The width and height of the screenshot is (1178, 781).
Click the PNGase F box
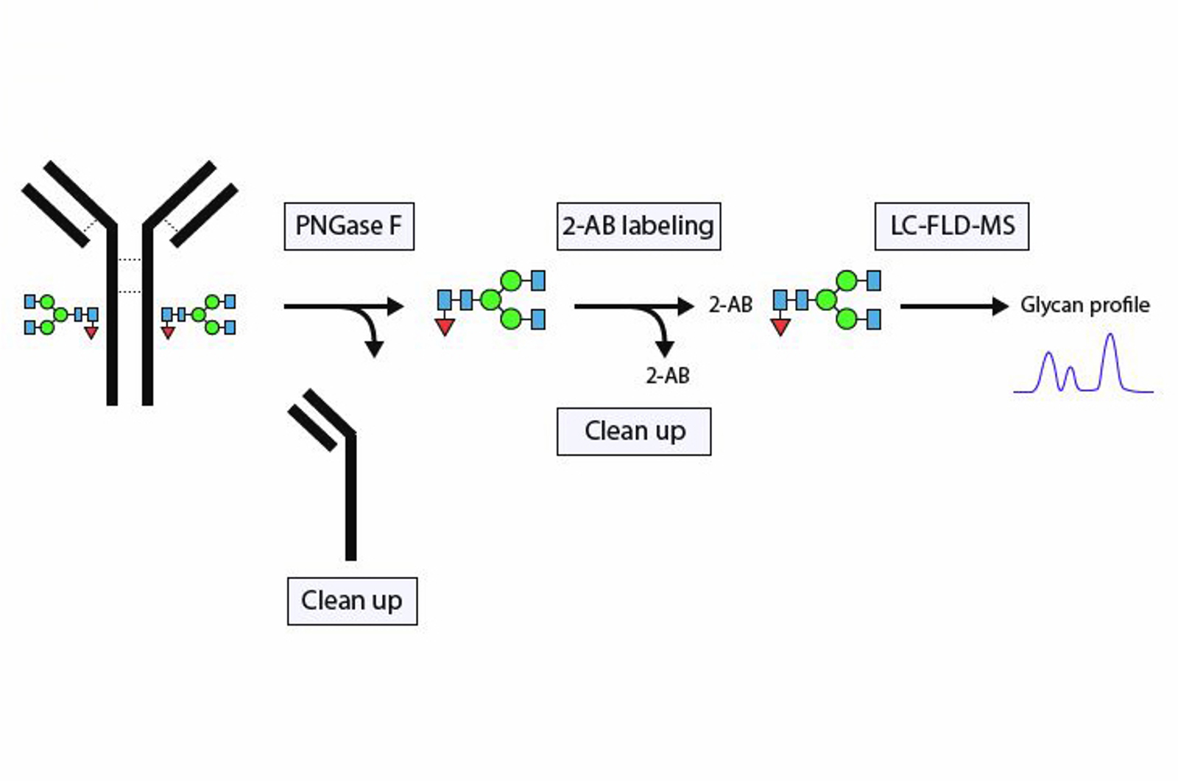tap(349, 226)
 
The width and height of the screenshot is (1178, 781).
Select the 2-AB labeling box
tap(638, 226)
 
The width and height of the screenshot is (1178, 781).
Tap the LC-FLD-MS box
tap(951, 226)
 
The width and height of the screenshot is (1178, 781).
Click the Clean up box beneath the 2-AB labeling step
tap(634, 431)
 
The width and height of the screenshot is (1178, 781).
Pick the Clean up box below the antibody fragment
tap(352, 601)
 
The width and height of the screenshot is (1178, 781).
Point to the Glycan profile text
tap(1084, 305)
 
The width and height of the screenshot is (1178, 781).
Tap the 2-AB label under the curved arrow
tap(668, 376)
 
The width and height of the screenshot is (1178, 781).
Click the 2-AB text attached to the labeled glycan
tap(730, 305)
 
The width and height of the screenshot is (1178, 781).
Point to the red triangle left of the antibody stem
tap(91, 333)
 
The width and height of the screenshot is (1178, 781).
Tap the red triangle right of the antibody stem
tap(168, 333)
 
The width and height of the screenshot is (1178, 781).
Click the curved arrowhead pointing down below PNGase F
tap(375, 349)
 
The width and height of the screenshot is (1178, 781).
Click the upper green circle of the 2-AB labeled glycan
tap(847, 281)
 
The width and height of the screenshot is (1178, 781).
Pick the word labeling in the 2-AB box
tap(668, 226)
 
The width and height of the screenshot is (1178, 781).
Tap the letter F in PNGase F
tap(395, 226)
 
